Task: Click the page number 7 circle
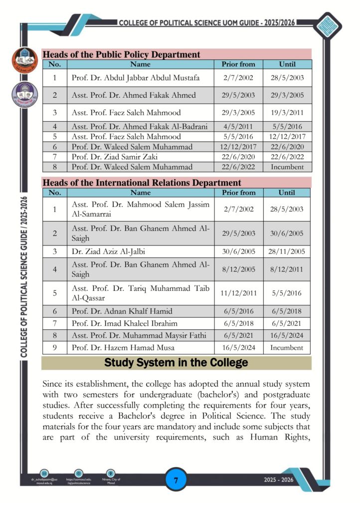point(176,481)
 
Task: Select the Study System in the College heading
point(176,363)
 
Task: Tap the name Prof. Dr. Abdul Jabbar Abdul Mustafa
point(136,78)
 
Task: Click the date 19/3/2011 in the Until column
point(287,112)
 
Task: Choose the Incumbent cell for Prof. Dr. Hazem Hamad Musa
point(287,347)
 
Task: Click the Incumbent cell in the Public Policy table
point(287,167)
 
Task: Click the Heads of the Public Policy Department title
point(121,54)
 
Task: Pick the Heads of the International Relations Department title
point(142,183)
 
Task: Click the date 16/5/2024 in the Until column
point(287,335)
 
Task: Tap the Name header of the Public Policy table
point(140,64)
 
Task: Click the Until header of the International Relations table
point(287,193)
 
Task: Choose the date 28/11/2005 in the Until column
point(287,252)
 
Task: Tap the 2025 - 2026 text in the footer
point(279,480)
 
